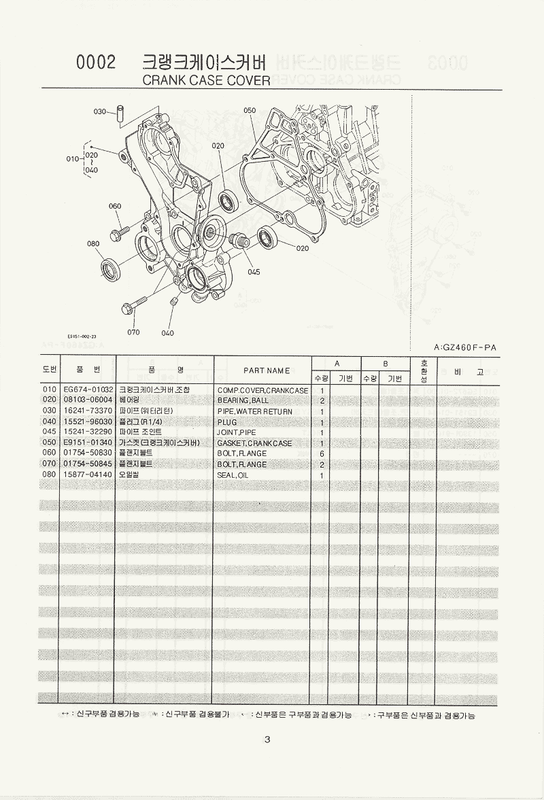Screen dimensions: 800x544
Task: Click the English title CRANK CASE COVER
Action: [x=205, y=81]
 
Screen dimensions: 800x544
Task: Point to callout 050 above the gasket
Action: [x=249, y=110]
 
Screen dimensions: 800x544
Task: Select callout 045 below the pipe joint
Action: [x=254, y=272]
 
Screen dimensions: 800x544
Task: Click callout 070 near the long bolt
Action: [x=133, y=332]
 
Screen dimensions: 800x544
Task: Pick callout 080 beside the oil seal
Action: [x=93, y=243]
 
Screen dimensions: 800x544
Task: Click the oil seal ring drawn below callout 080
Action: [x=111, y=269]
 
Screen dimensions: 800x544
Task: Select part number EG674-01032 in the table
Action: [x=87, y=390]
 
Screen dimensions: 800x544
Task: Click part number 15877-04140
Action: [x=87, y=475]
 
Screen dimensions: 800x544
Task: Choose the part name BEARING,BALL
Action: [x=243, y=401]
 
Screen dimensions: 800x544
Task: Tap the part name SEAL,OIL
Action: [x=235, y=475]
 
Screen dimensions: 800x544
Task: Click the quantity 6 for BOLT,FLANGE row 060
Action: [x=321, y=454]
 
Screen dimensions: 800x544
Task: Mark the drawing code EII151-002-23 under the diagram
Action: [x=82, y=336]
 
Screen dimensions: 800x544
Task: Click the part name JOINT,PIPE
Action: [x=237, y=433]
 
